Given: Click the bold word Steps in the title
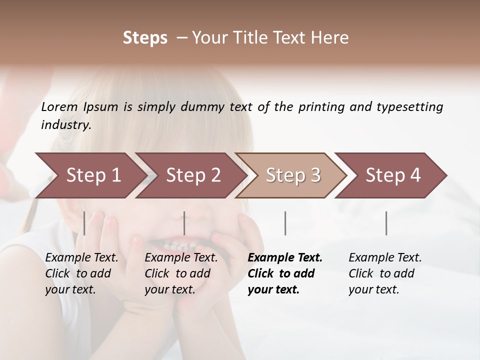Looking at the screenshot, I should (x=145, y=38).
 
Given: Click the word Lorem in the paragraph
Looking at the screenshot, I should (x=59, y=107).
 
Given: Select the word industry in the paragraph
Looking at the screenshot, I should (x=65, y=125).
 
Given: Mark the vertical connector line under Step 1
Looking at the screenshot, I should (x=84, y=223).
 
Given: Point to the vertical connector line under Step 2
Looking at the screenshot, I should (x=184, y=223).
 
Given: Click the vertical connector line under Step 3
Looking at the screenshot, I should (x=285, y=223).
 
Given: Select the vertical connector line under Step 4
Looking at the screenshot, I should (x=386, y=223).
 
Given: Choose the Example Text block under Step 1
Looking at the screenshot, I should (x=81, y=273).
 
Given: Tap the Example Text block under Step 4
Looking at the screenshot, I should (x=385, y=273).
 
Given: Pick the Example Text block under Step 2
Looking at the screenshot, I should (x=181, y=273).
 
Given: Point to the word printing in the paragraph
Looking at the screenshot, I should (x=320, y=107).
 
